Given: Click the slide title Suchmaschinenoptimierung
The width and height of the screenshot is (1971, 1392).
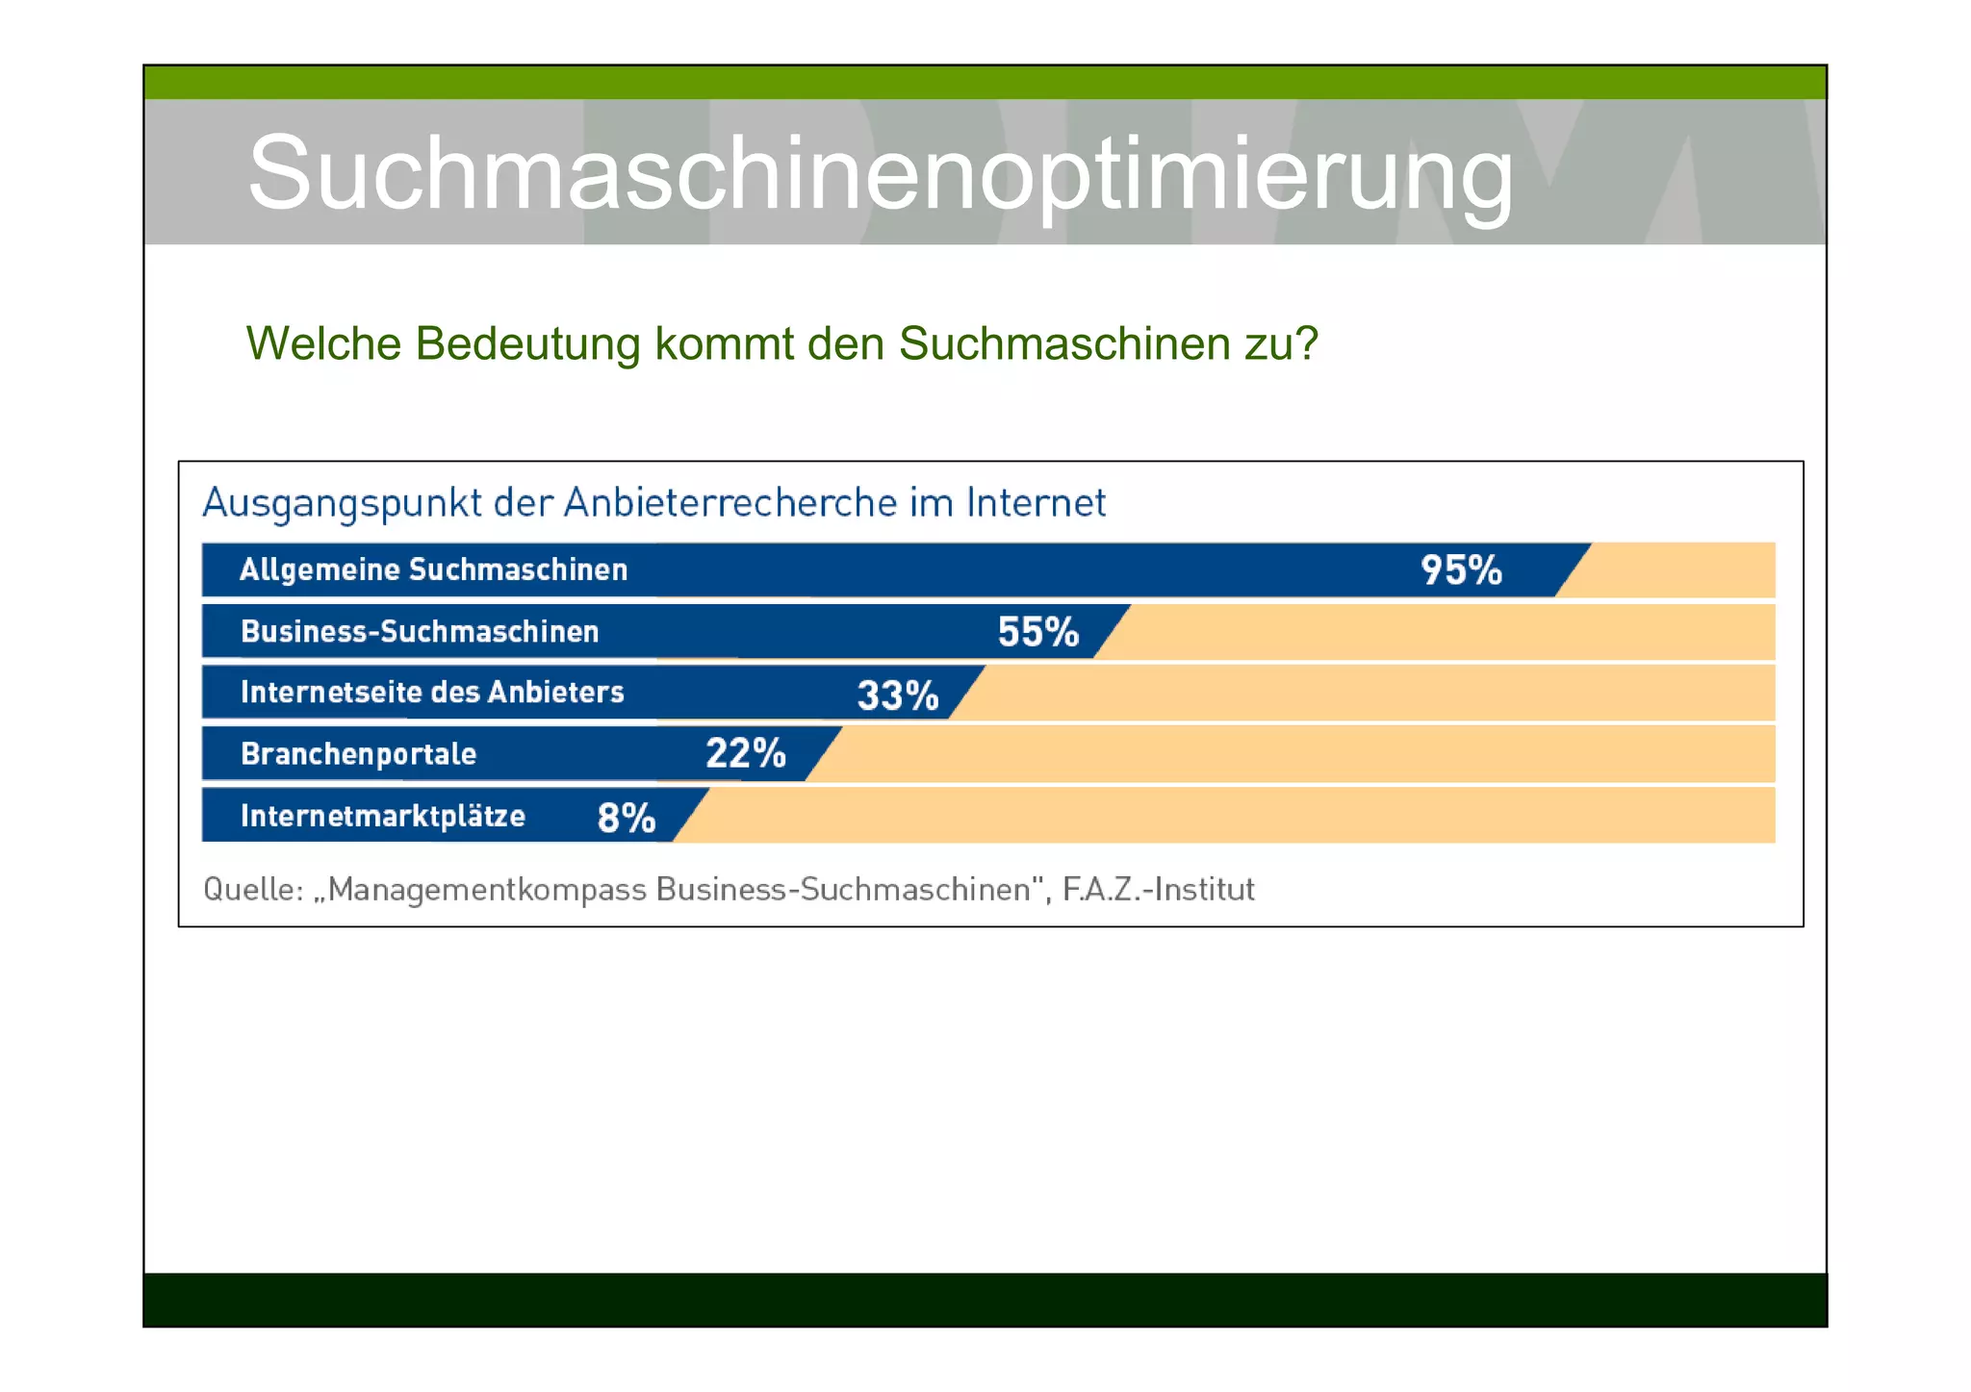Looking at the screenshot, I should (880, 173).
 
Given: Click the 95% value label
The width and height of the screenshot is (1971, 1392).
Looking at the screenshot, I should (1460, 570).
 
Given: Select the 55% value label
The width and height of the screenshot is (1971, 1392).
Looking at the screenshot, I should (1037, 632).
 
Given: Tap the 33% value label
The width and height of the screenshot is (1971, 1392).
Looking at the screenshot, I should (897, 695).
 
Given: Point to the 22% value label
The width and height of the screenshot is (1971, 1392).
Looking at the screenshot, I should (746, 753).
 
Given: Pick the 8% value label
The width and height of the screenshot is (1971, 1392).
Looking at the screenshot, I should (626, 818).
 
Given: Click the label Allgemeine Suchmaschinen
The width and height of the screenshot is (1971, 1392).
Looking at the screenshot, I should (433, 569).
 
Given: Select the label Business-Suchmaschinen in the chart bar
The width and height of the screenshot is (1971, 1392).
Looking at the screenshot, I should (420, 632).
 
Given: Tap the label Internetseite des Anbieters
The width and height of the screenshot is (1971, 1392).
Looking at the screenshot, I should (432, 693).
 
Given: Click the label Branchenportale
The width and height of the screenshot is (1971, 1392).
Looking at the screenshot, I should (358, 754).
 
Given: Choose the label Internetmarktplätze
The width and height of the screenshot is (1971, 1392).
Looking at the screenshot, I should (383, 817).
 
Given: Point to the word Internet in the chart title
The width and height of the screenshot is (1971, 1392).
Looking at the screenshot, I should (1036, 503).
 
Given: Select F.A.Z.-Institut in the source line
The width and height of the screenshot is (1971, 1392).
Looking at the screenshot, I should (1158, 889).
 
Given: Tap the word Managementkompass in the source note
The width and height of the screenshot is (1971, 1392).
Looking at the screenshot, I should (487, 890).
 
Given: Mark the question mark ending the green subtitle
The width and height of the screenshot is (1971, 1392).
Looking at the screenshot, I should (1306, 343).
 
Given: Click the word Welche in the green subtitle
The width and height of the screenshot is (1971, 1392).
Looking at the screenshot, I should (322, 344).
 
